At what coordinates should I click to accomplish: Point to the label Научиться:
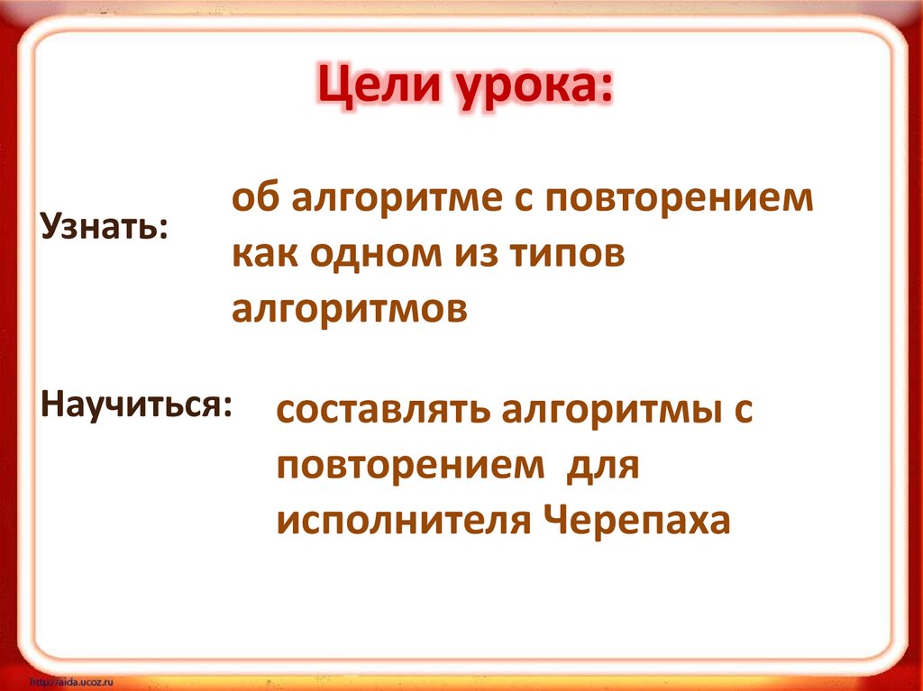click(135, 402)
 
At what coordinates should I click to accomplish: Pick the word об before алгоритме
click(253, 200)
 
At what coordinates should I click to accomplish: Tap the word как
click(264, 255)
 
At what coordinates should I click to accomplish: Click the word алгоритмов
click(350, 309)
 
